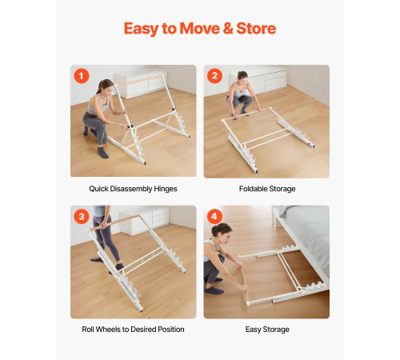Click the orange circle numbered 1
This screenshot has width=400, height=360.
[82, 76]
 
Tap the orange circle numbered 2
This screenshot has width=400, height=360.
[214, 76]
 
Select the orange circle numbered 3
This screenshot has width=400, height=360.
[82, 216]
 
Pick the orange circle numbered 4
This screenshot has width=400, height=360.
[214, 216]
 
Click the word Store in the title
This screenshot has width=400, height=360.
[256, 28]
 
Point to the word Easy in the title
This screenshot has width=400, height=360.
[142, 29]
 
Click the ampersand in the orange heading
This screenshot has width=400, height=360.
[228, 28]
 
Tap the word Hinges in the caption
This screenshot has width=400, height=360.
[166, 189]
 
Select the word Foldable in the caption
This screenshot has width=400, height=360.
[253, 189]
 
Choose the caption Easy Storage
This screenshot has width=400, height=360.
[267, 330]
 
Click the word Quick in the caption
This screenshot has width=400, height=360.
[98, 189]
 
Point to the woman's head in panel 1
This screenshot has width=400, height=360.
[106, 86]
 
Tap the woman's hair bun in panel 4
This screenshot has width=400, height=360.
[214, 230]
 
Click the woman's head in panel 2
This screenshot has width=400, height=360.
[242, 75]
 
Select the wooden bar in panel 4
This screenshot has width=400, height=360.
[245, 283]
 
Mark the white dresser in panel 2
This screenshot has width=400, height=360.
[258, 80]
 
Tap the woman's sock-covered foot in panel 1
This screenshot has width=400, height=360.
[102, 153]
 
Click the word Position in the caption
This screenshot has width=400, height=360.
[171, 330]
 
